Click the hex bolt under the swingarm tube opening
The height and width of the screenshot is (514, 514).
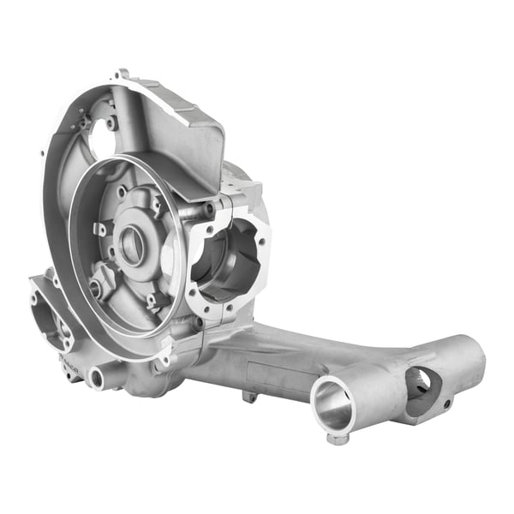coord(338,439)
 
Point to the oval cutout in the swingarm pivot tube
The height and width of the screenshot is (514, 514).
coord(421,384)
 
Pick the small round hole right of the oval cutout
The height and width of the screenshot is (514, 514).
coord(447,402)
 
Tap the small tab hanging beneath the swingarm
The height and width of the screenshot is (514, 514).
coord(249,396)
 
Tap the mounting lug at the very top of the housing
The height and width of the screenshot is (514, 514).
coord(123,75)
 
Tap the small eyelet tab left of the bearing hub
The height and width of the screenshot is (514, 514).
coord(99,229)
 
